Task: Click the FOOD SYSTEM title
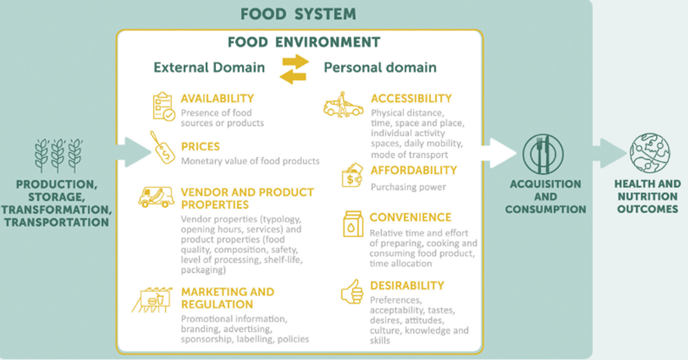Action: click(298, 14)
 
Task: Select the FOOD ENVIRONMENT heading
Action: click(303, 42)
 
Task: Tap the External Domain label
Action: click(209, 67)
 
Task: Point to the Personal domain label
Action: click(379, 67)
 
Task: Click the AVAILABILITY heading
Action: click(217, 99)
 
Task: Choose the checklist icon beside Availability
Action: click(164, 106)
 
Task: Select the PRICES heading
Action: click(200, 147)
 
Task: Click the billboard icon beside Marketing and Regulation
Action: click(152, 299)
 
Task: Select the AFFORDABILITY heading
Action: click(413, 171)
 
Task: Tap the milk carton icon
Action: click(353, 223)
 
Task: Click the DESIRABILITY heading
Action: click(407, 285)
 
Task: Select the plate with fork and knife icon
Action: click(543, 154)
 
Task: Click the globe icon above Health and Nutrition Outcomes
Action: click(650, 153)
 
